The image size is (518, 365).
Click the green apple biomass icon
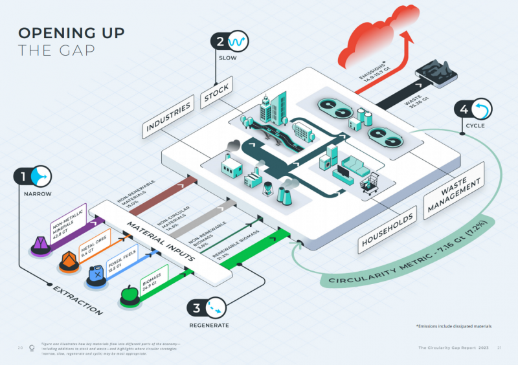[129, 295]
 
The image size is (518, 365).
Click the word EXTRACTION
[77, 299]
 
